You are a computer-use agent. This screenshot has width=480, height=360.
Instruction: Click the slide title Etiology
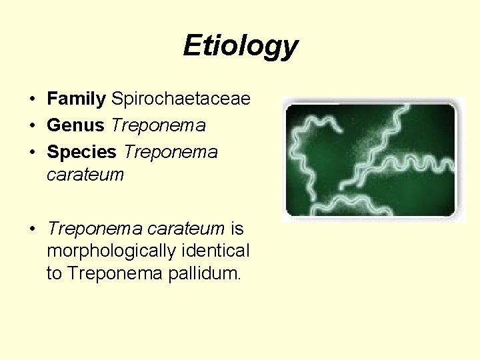click(x=240, y=46)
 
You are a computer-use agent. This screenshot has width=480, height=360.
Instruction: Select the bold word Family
click(x=76, y=99)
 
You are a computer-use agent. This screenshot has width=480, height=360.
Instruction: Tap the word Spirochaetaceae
click(x=181, y=99)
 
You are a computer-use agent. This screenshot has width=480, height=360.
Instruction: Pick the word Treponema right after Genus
click(x=159, y=125)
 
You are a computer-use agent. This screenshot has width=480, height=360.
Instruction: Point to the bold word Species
click(x=81, y=151)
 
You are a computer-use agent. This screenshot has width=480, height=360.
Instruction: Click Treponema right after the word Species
click(x=171, y=151)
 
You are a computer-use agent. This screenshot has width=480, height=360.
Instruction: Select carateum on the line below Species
click(x=85, y=175)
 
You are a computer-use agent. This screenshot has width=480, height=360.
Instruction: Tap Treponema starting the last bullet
click(x=93, y=229)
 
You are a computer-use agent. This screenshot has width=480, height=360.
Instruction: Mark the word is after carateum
click(x=237, y=229)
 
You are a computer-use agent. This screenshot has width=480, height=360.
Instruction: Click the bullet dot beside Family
click(x=32, y=100)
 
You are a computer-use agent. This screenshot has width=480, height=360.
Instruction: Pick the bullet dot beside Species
click(x=32, y=152)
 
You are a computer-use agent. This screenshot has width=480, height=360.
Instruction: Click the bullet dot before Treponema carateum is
click(x=32, y=229)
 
